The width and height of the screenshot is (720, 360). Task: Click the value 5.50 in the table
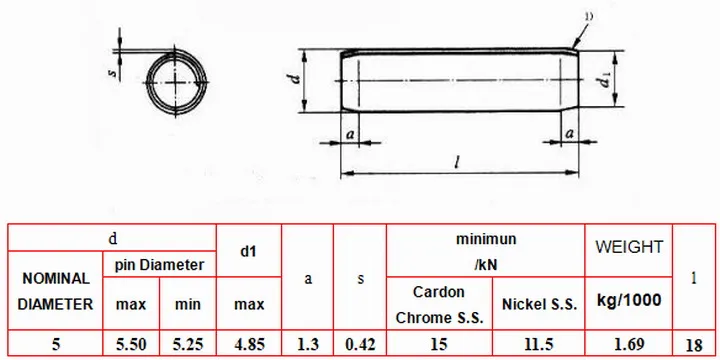[130, 344]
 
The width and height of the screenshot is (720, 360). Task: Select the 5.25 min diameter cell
[187, 344]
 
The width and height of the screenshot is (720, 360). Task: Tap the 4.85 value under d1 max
[249, 344]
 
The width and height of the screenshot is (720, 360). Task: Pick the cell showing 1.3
[308, 344]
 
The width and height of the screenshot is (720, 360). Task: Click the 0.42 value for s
[360, 344]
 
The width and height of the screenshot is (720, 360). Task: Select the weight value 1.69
[629, 344]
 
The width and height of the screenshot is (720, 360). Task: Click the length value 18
[695, 345]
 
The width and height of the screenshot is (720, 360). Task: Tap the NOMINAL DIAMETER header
[56, 291]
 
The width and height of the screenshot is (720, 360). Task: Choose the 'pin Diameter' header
[159, 265]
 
